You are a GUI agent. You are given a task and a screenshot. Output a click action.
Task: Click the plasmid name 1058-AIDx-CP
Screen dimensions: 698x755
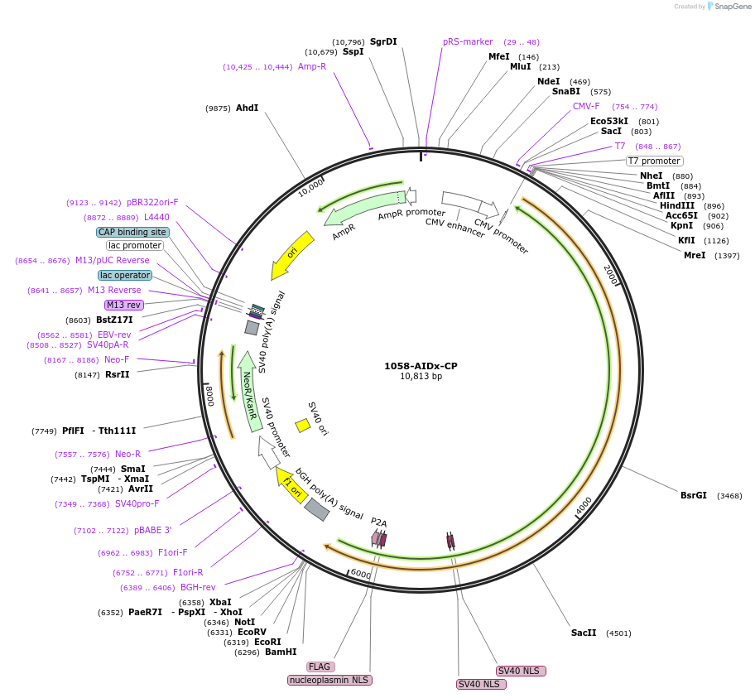[x=421, y=366]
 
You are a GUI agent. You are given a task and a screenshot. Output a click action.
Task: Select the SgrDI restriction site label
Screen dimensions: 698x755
[x=383, y=41]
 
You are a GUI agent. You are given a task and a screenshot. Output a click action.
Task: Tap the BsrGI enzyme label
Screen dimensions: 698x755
[x=694, y=495]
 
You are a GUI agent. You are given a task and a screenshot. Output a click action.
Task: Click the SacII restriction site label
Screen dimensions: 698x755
[x=584, y=633]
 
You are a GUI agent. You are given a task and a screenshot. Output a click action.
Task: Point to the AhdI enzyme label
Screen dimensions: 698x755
[x=247, y=108]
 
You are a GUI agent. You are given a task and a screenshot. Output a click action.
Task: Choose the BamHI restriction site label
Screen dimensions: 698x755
[x=281, y=652]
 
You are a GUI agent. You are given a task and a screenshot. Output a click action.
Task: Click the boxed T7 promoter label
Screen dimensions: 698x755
[x=654, y=161]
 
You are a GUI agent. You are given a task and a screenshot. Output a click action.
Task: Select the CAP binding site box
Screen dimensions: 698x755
[x=132, y=233]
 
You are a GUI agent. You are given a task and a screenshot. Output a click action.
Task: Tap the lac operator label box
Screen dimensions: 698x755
[x=125, y=275]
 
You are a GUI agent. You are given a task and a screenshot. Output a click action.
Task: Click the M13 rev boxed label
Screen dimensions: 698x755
[x=124, y=305]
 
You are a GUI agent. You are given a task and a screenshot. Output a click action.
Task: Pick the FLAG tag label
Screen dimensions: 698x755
[x=320, y=667]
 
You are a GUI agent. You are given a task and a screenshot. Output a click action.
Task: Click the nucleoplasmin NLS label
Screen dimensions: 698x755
[x=330, y=680]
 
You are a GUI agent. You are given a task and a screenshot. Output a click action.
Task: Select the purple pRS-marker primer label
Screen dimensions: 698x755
[x=468, y=41]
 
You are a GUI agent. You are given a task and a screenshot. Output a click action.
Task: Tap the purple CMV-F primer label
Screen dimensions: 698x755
[x=586, y=106]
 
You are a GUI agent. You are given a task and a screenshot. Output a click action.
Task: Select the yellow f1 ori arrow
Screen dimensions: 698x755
[x=291, y=485]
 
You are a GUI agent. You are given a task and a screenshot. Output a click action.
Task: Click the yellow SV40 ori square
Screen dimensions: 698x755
[x=303, y=425]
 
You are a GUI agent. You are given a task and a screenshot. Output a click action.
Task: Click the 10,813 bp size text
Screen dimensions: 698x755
[x=421, y=377]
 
